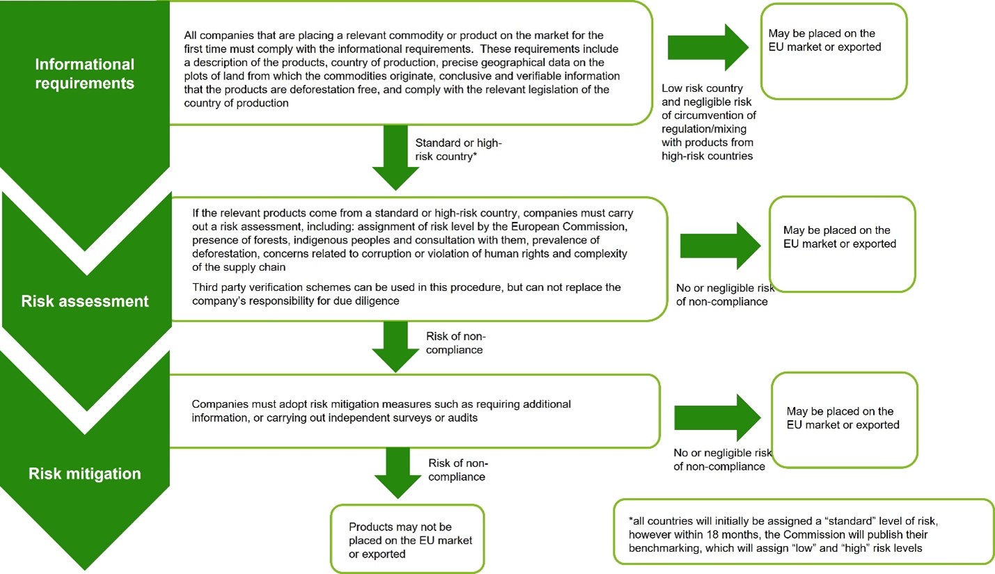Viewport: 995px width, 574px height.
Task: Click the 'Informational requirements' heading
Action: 84,74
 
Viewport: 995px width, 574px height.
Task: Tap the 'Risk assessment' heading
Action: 84,301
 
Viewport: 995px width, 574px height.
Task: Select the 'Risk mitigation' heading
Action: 84,473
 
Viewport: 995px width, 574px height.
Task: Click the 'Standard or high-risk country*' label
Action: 458,150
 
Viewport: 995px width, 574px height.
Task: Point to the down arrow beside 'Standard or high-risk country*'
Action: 395,158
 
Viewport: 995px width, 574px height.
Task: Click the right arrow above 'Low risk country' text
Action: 708,47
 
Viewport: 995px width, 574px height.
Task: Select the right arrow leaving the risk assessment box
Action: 720,246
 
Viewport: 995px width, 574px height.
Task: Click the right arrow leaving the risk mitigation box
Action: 717,417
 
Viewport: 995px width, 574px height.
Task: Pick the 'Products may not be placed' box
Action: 407,539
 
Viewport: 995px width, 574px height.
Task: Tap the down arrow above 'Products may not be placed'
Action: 398,473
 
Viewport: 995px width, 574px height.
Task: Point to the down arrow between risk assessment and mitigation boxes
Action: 395,347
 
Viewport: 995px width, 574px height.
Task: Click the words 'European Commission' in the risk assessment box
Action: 569,226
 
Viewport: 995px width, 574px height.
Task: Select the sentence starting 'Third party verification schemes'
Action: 407,294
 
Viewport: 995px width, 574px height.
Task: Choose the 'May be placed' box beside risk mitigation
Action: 845,420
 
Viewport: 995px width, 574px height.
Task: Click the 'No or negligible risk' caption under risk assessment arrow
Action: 725,294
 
